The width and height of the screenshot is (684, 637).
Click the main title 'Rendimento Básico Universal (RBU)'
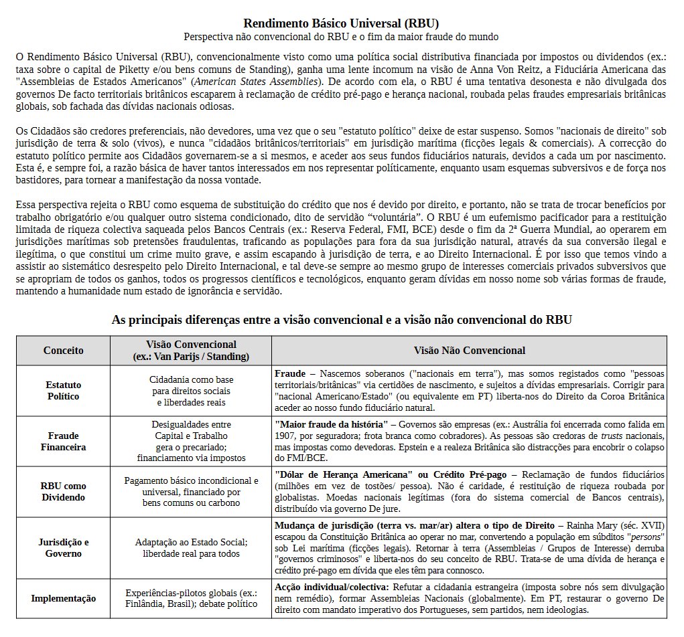(x=342, y=24)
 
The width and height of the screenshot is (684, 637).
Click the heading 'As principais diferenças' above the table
(x=342, y=320)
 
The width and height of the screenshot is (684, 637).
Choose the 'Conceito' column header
(x=64, y=350)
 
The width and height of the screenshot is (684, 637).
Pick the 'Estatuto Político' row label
(x=64, y=390)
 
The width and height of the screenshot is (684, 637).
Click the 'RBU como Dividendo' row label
(x=64, y=492)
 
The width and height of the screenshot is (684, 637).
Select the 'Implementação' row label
(x=64, y=598)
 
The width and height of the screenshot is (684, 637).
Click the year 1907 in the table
(x=287, y=436)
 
